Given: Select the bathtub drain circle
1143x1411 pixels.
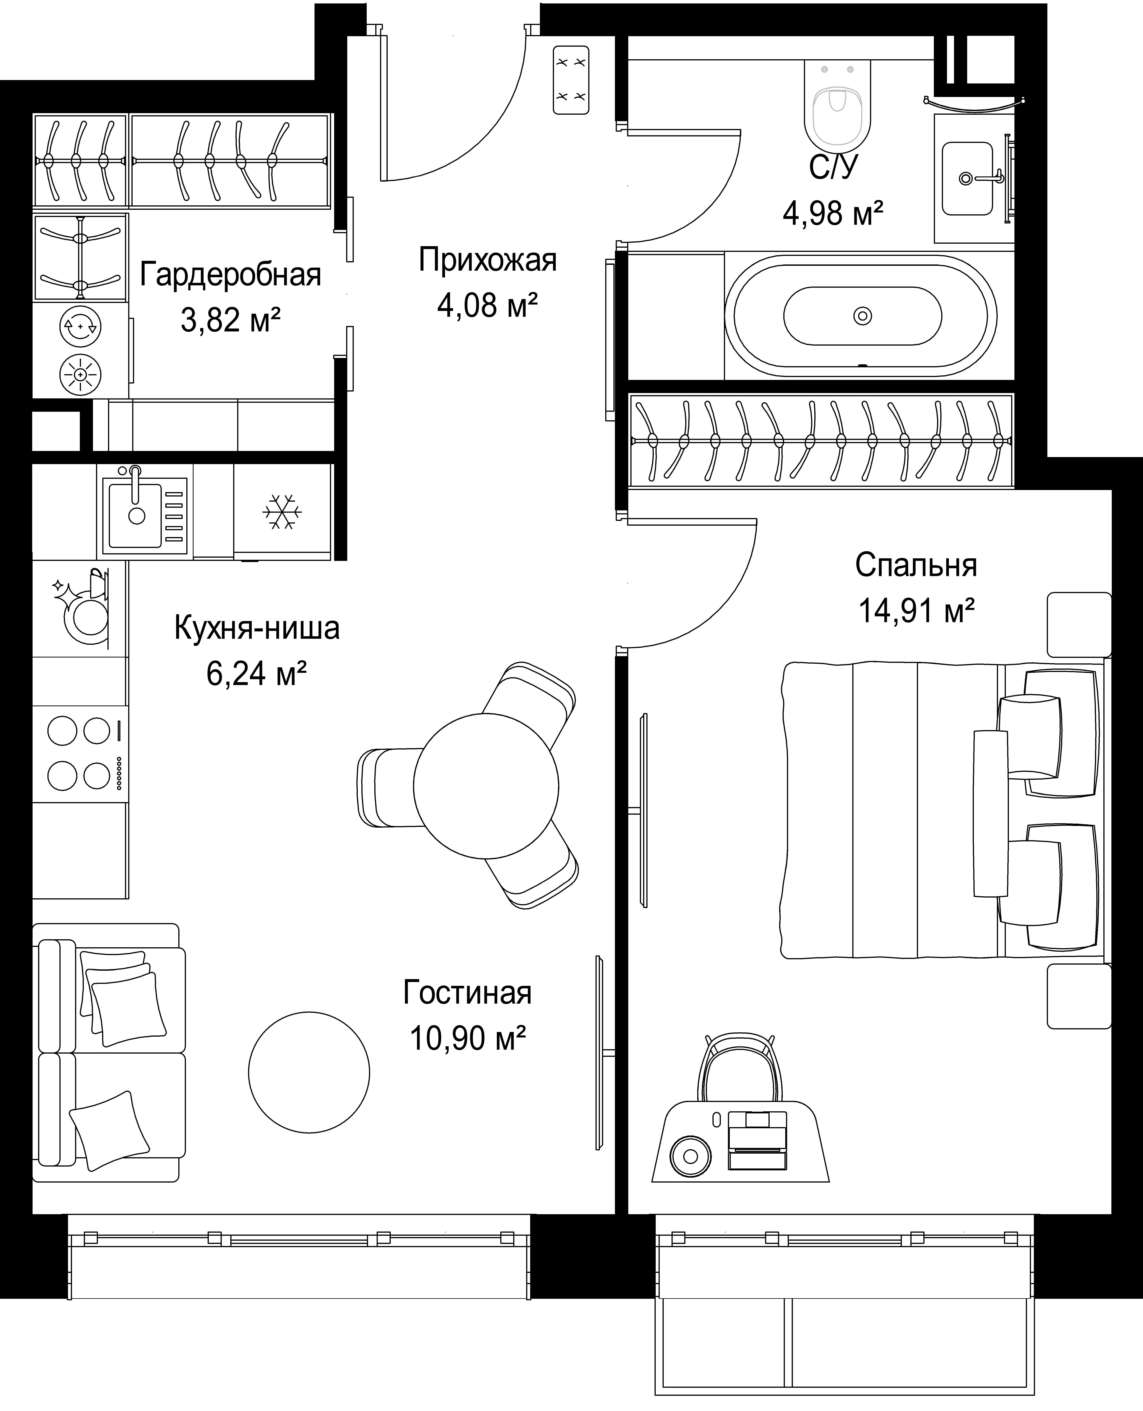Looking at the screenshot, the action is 863,316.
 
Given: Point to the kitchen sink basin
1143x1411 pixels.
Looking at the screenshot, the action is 136,515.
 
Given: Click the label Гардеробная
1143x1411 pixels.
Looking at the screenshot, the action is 231,275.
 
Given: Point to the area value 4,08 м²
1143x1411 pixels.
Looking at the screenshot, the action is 488,306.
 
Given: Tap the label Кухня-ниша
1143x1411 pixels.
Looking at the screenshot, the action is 257,628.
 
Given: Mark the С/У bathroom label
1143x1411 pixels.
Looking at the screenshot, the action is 834,167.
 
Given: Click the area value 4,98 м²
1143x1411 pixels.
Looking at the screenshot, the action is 833,213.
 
